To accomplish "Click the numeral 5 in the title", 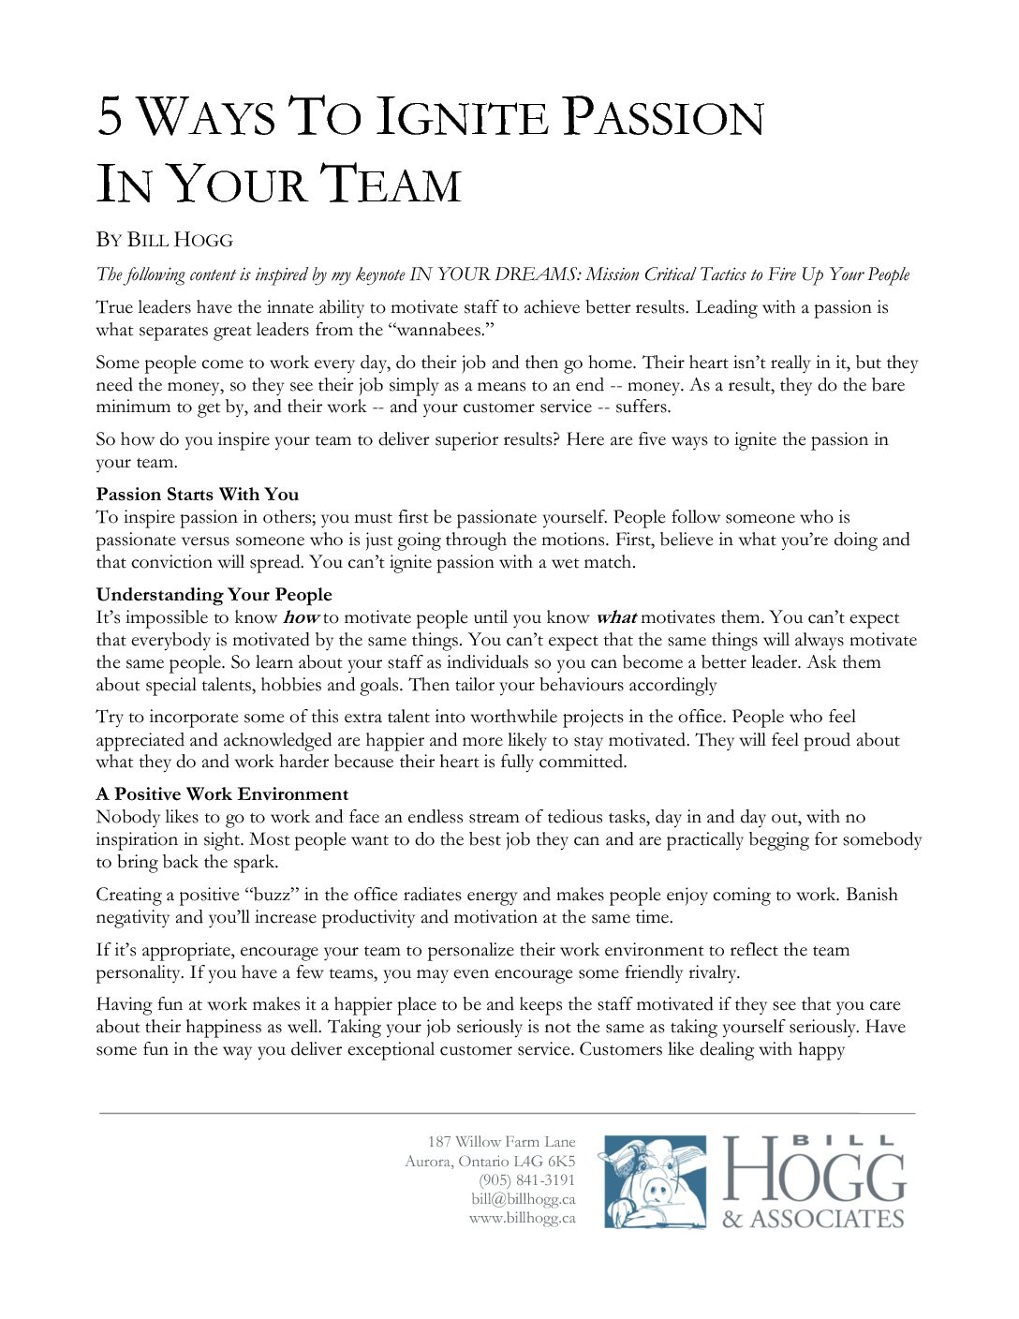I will coord(111,117).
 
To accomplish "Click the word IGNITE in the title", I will coord(461,117).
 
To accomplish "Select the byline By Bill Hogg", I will coord(164,240).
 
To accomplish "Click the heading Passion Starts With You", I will coord(197,495).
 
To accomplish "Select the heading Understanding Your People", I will coord(214,595).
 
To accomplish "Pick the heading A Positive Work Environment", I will coord(222,794).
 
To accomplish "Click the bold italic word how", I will coord(301,617).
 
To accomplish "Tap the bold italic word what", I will coord(615,617).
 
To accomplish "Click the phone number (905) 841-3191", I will coord(526,1179).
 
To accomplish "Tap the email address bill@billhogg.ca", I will coord(523,1199).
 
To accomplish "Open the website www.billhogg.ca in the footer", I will coord(522,1218).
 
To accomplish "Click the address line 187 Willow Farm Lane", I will coord(501,1141).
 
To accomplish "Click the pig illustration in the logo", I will coord(654,1182).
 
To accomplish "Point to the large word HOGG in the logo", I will coord(813,1171).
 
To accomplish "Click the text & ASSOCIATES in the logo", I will coord(813,1219).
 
